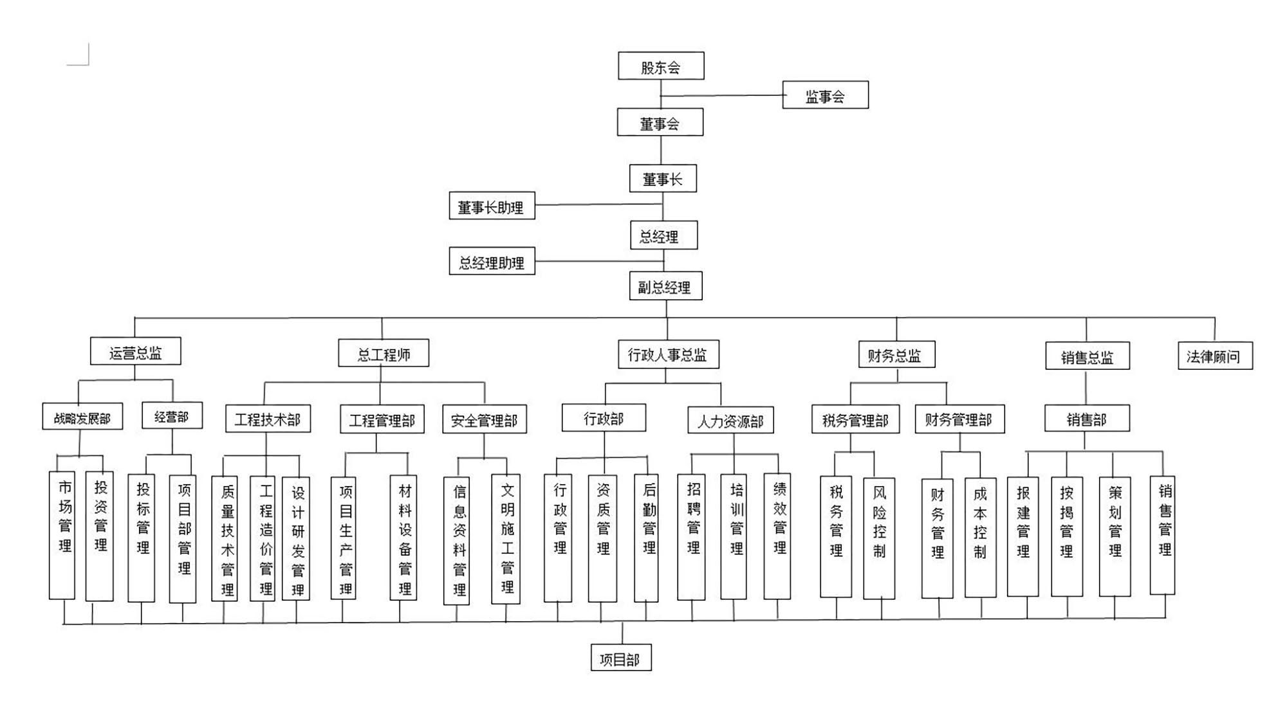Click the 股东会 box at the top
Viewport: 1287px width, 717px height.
(x=661, y=66)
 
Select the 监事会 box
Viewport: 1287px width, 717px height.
(x=825, y=95)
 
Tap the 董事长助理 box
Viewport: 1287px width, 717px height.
(x=492, y=206)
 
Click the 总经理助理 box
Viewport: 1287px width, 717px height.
(x=492, y=262)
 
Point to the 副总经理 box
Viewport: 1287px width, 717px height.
(x=665, y=286)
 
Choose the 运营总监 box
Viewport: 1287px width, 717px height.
(x=135, y=352)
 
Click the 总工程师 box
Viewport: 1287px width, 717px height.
(x=384, y=354)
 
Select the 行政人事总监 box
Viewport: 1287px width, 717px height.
(x=668, y=354)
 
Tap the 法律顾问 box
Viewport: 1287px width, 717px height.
(x=1214, y=356)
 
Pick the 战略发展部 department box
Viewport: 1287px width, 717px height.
(x=82, y=417)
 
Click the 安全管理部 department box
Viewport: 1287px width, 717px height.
(x=484, y=419)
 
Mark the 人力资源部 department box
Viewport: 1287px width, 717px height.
(x=730, y=421)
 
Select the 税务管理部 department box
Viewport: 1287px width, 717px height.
(x=855, y=420)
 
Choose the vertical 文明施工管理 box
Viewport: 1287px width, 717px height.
(x=506, y=539)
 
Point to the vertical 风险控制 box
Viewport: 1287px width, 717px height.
(x=879, y=538)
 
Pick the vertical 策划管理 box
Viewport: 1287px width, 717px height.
(x=1115, y=536)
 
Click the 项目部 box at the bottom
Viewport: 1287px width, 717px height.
(x=620, y=657)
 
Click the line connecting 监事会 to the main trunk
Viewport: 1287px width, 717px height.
(x=721, y=96)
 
